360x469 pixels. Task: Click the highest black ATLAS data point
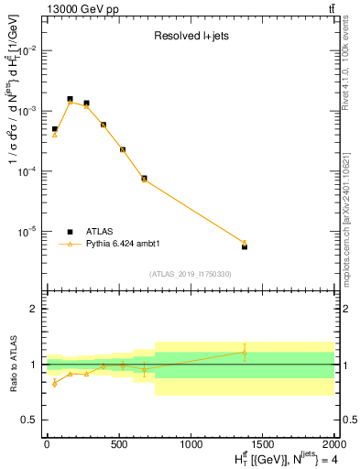[70, 99]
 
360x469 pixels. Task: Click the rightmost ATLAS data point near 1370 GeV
[245, 246]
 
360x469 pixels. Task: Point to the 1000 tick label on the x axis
[191, 445]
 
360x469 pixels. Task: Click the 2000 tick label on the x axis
[336, 445]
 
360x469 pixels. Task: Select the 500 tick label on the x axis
[119, 445]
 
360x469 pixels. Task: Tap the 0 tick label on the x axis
[47, 445]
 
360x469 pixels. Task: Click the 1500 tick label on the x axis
[264, 445]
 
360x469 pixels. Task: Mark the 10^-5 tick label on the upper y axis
[29, 232]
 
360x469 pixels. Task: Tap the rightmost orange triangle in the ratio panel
[245, 352]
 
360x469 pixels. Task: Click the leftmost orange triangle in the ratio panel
[55, 383]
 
